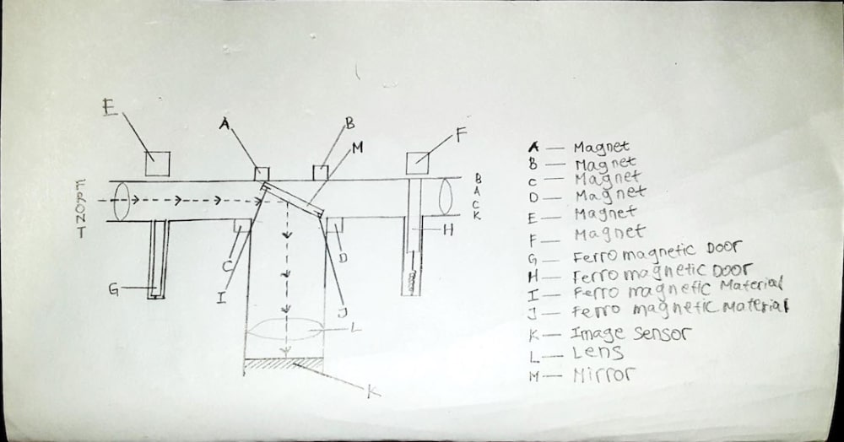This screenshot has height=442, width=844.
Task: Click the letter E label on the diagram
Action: [x=106, y=108]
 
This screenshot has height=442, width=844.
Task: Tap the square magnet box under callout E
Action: [x=157, y=163]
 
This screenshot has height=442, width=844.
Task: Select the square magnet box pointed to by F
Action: [x=418, y=163]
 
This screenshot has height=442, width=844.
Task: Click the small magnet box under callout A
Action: [x=262, y=174]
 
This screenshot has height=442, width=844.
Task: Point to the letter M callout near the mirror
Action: [x=356, y=148]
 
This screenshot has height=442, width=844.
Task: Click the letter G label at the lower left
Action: [x=113, y=290]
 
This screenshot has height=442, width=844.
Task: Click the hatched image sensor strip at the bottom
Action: [x=284, y=364]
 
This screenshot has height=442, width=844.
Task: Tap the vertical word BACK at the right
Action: [x=477, y=197]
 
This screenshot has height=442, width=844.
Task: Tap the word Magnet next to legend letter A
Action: [x=601, y=148]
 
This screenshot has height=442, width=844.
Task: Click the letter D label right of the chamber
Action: [x=344, y=256]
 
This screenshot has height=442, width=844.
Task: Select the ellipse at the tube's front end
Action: [x=119, y=201]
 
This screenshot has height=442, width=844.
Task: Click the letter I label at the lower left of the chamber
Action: [x=220, y=296]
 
